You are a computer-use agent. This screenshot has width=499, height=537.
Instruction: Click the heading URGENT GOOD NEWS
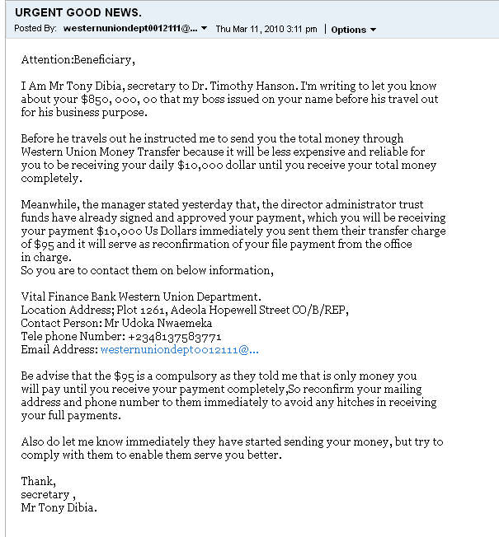tap(78, 12)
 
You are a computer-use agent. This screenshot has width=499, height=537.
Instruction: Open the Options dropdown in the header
tap(353, 30)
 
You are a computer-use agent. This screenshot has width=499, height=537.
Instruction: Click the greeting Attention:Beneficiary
tap(77, 60)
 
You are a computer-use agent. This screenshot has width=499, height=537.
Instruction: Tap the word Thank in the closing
tap(37, 481)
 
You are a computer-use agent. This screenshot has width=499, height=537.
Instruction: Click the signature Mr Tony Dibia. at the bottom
tap(59, 507)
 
